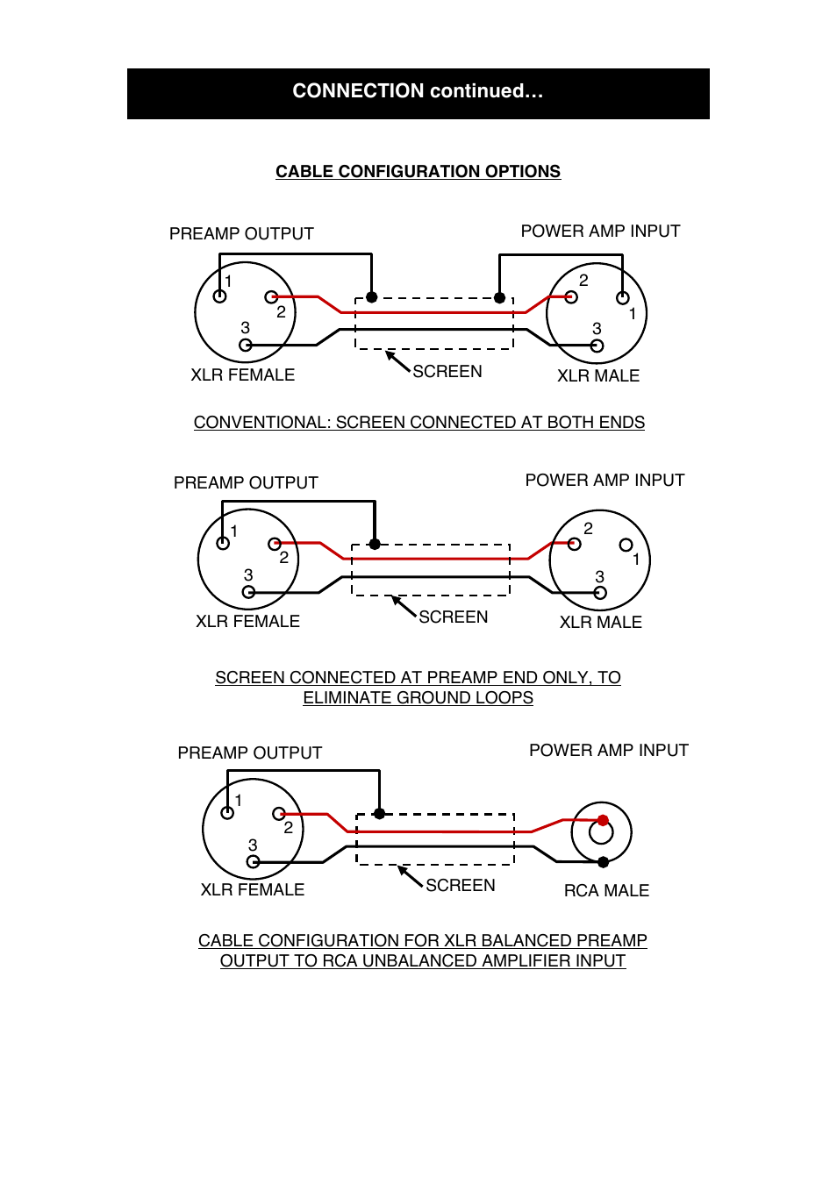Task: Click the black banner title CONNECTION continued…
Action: [x=418, y=91]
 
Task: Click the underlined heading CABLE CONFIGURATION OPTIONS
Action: [x=418, y=172]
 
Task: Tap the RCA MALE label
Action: [x=606, y=891]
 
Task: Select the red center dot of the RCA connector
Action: [x=603, y=821]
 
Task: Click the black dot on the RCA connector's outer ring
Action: [x=603, y=862]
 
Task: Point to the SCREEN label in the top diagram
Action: [x=447, y=372]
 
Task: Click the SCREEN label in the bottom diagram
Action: [x=461, y=886]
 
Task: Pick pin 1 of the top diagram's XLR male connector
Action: [x=623, y=297]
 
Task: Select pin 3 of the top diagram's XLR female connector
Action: [x=246, y=346]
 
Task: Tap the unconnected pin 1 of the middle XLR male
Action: [x=626, y=545]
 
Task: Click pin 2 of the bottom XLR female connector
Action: [x=278, y=814]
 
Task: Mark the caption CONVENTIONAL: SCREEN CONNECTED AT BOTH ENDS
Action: [x=419, y=423]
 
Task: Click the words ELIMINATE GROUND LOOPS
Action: [x=418, y=698]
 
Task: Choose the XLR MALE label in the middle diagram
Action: [x=601, y=623]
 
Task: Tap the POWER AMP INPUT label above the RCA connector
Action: [x=609, y=751]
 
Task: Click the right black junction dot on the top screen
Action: [x=499, y=297]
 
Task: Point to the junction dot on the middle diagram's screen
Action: [x=375, y=545]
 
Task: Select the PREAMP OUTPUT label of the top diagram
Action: [x=241, y=234]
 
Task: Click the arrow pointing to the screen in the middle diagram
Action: [x=403, y=606]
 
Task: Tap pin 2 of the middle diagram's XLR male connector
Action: [x=575, y=544]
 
